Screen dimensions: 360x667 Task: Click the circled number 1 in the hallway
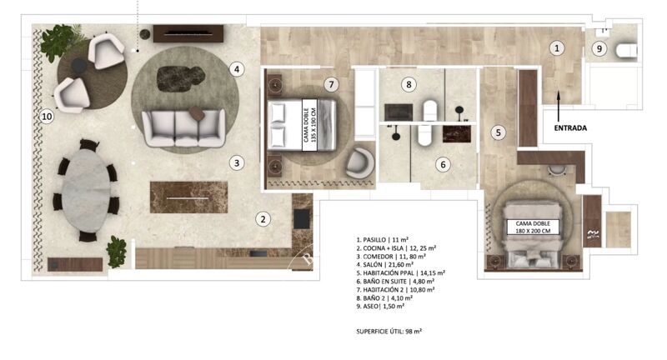557,49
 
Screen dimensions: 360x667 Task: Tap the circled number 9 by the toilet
599,49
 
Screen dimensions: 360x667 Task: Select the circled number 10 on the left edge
47,117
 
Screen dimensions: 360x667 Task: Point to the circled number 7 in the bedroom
331,84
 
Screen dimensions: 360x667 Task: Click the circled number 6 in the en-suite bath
444,164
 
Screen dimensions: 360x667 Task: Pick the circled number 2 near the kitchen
263,219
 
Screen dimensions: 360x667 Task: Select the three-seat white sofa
183,127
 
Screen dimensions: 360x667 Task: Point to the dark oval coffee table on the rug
180,76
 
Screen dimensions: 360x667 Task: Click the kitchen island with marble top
188,197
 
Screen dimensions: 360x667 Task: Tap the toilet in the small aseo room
626,52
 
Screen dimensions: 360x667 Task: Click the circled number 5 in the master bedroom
498,132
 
